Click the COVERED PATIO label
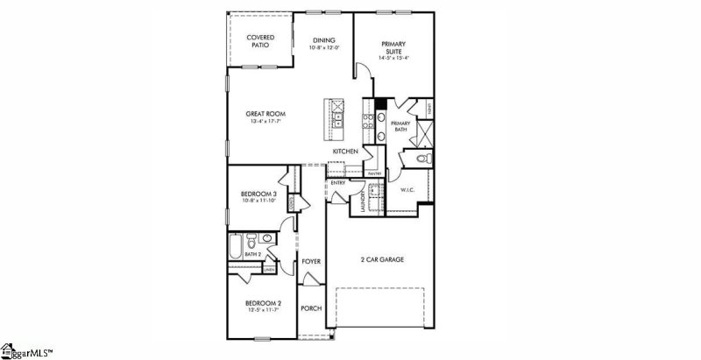tap(259, 40)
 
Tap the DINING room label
tap(324, 40)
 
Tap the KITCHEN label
tap(345, 152)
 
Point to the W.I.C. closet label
tap(407, 188)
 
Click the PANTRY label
tap(372, 173)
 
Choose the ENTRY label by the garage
tap(337, 182)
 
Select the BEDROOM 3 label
tap(259, 194)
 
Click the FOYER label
tap(311, 261)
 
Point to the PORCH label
tap(311, 308)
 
